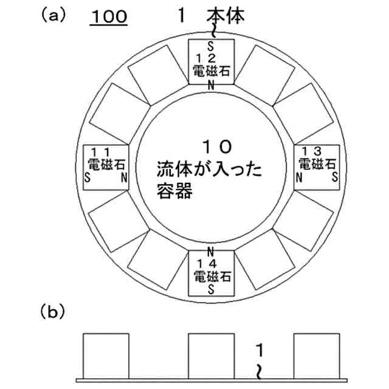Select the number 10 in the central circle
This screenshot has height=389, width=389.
point(216,146)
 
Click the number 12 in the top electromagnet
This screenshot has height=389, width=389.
point(210,58)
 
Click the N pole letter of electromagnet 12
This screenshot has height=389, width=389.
point(210,84)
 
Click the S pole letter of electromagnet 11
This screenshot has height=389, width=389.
point(89,178)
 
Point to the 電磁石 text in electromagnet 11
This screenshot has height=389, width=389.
point(105,164)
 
